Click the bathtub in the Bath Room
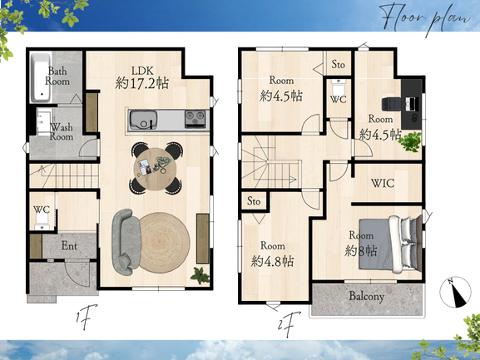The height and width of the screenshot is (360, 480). tap(41, 78)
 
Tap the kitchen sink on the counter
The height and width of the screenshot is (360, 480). tap(143, 120)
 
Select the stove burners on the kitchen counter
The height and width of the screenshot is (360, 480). tap(195, 119)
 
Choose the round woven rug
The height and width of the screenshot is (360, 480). tap(165, 242)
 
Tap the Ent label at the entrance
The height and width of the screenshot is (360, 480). tap(69, 245)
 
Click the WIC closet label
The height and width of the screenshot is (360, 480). tap(383, 183)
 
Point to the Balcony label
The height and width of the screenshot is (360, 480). tap(366, 296)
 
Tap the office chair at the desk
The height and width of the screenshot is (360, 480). tap(391, 104)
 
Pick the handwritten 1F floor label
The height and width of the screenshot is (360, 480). tap(87, 317)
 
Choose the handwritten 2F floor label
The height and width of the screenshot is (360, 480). tap(289, 325)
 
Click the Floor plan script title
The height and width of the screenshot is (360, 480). tap(426, 18)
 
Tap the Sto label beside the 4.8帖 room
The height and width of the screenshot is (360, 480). tap(254, 201)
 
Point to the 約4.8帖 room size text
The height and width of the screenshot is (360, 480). tap(272, 262)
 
